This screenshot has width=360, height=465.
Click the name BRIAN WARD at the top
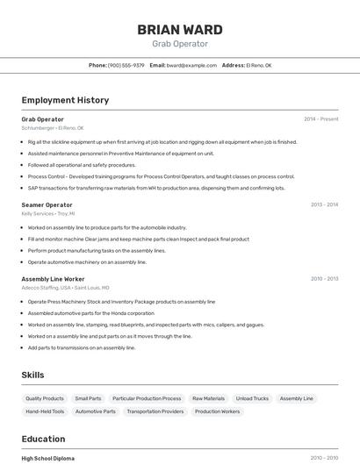pyautogui.click(x=180, y=29)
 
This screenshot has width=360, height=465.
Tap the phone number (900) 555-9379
pyautogui.click(x=126, y=65)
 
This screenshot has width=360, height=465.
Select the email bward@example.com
pyautogui.click(x=191, y=65)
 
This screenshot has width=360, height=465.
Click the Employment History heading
pyautogui.click(x=65, y=100)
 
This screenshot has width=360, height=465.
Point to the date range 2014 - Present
pyautogui.click(x=320, y=118)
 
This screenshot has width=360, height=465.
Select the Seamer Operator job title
pyautogui.click(x=47, y=204)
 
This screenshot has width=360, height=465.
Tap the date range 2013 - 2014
pyautogui.click(x=324, y=204)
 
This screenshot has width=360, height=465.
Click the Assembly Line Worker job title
pyautogui.click(x=53, y=279)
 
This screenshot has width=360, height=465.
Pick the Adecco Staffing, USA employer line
pyautogui.click(x=65, y=288)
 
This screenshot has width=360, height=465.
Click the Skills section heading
pyautogui.click(x=32, y=375)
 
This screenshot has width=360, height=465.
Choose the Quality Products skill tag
pyautogui.click(x=45, y=398)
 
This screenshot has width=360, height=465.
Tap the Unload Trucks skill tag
pyautogui.click(x=252, y=398)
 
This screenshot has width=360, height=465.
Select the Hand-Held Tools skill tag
pyautogui.click(x=45, y=411)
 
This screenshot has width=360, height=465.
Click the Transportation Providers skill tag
pyautogui.click(x=155, y=411)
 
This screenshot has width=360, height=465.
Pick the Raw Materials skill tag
pyautogui.click(x=208, y=398)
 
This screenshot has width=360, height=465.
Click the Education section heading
pyautogui.click(x=43, y=439)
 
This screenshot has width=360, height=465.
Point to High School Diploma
pyautogui.click(x=47, y=458)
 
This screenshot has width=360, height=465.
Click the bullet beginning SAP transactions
pyautogui.click(x=156, y=188)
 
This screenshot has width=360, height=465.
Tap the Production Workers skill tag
pyautogui.click(x=217, y=411)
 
